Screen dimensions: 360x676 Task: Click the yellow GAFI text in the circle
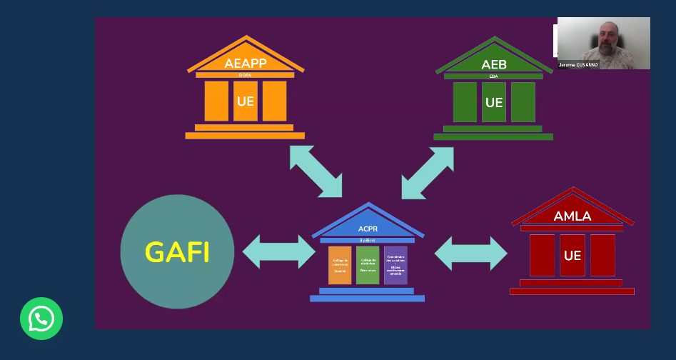[177, 252]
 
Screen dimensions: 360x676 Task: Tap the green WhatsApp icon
[41, 319]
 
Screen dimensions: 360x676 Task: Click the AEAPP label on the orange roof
[246, 64]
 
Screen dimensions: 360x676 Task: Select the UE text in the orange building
[246, 101]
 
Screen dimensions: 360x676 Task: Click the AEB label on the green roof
[494, 65]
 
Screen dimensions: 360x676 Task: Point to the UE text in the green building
[494, 103]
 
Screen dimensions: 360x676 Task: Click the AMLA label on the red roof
[572, 216]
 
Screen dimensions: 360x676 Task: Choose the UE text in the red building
[572, 255]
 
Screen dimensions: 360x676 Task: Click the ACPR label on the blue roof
[368, 229]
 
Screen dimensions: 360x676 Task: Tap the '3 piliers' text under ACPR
[368, 240]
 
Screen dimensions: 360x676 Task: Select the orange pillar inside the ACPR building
[340, 266]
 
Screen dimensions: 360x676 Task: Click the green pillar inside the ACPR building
[368, 266]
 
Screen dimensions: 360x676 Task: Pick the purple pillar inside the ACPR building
[395, 266]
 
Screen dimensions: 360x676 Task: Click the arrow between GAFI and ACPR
[278, 251]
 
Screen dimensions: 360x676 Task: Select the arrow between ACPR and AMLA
[470, 253]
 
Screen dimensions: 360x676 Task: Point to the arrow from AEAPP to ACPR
[316, 171]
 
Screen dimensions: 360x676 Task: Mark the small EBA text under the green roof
[494, 76]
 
